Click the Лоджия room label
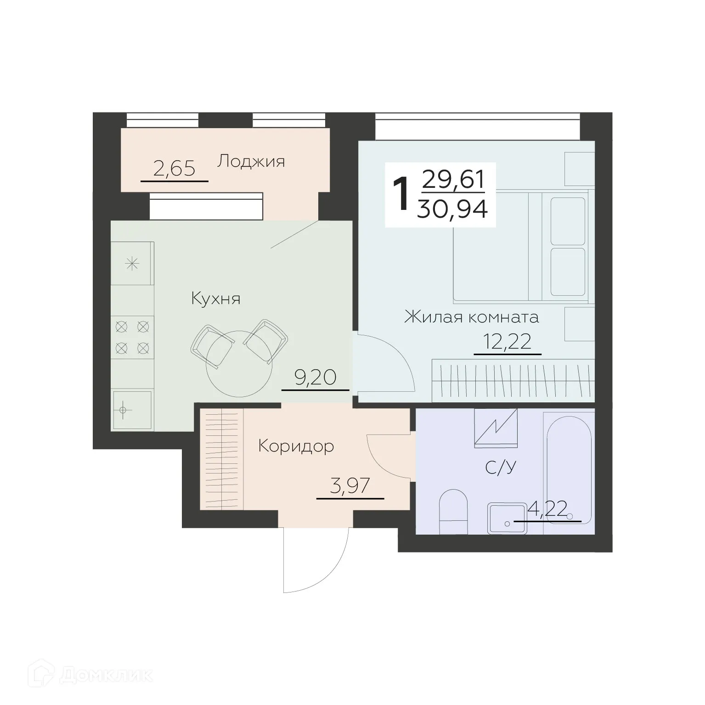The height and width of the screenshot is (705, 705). (x=251, y=162)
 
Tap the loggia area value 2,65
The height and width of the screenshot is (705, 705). (x=174, y=169)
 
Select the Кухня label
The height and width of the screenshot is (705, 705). (x=215, y=299)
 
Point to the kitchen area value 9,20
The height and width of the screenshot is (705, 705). (x=316, y=378)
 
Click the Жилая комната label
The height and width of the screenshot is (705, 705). (x=471, y=317)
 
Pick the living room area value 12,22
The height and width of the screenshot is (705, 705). (x=507, y=342)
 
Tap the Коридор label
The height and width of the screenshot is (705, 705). (x=296, y=446)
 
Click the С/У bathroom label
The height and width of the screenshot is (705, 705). (x=501, y=468)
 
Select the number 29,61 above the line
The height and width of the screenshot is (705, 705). (x=453, y=180)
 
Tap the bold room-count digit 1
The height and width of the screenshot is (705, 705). (x=401, y=195)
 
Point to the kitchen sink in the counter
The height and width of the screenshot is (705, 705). (x=132, y=410)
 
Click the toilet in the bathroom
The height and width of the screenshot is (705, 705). (x=453, y=512)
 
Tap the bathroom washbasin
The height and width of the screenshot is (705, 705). (x=507, y=518)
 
